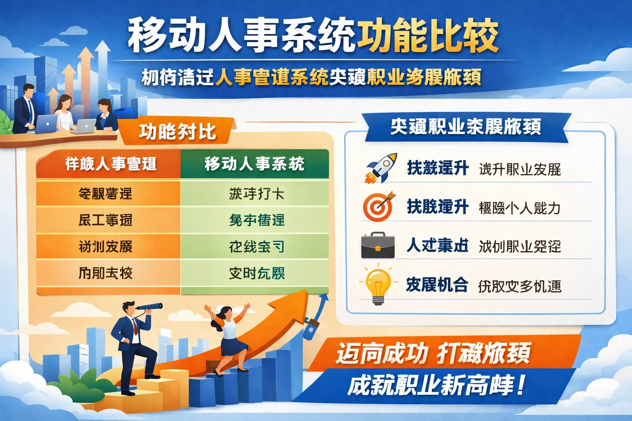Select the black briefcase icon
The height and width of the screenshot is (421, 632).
378,245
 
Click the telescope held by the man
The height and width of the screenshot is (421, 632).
150,307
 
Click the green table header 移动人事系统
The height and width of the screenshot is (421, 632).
254,164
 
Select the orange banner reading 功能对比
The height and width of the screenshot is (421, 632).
177,132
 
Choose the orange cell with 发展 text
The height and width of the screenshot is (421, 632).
106,247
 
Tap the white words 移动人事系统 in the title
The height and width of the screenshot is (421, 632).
241,36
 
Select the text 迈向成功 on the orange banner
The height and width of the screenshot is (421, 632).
382,354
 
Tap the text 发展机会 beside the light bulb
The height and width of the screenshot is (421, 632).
437,285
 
